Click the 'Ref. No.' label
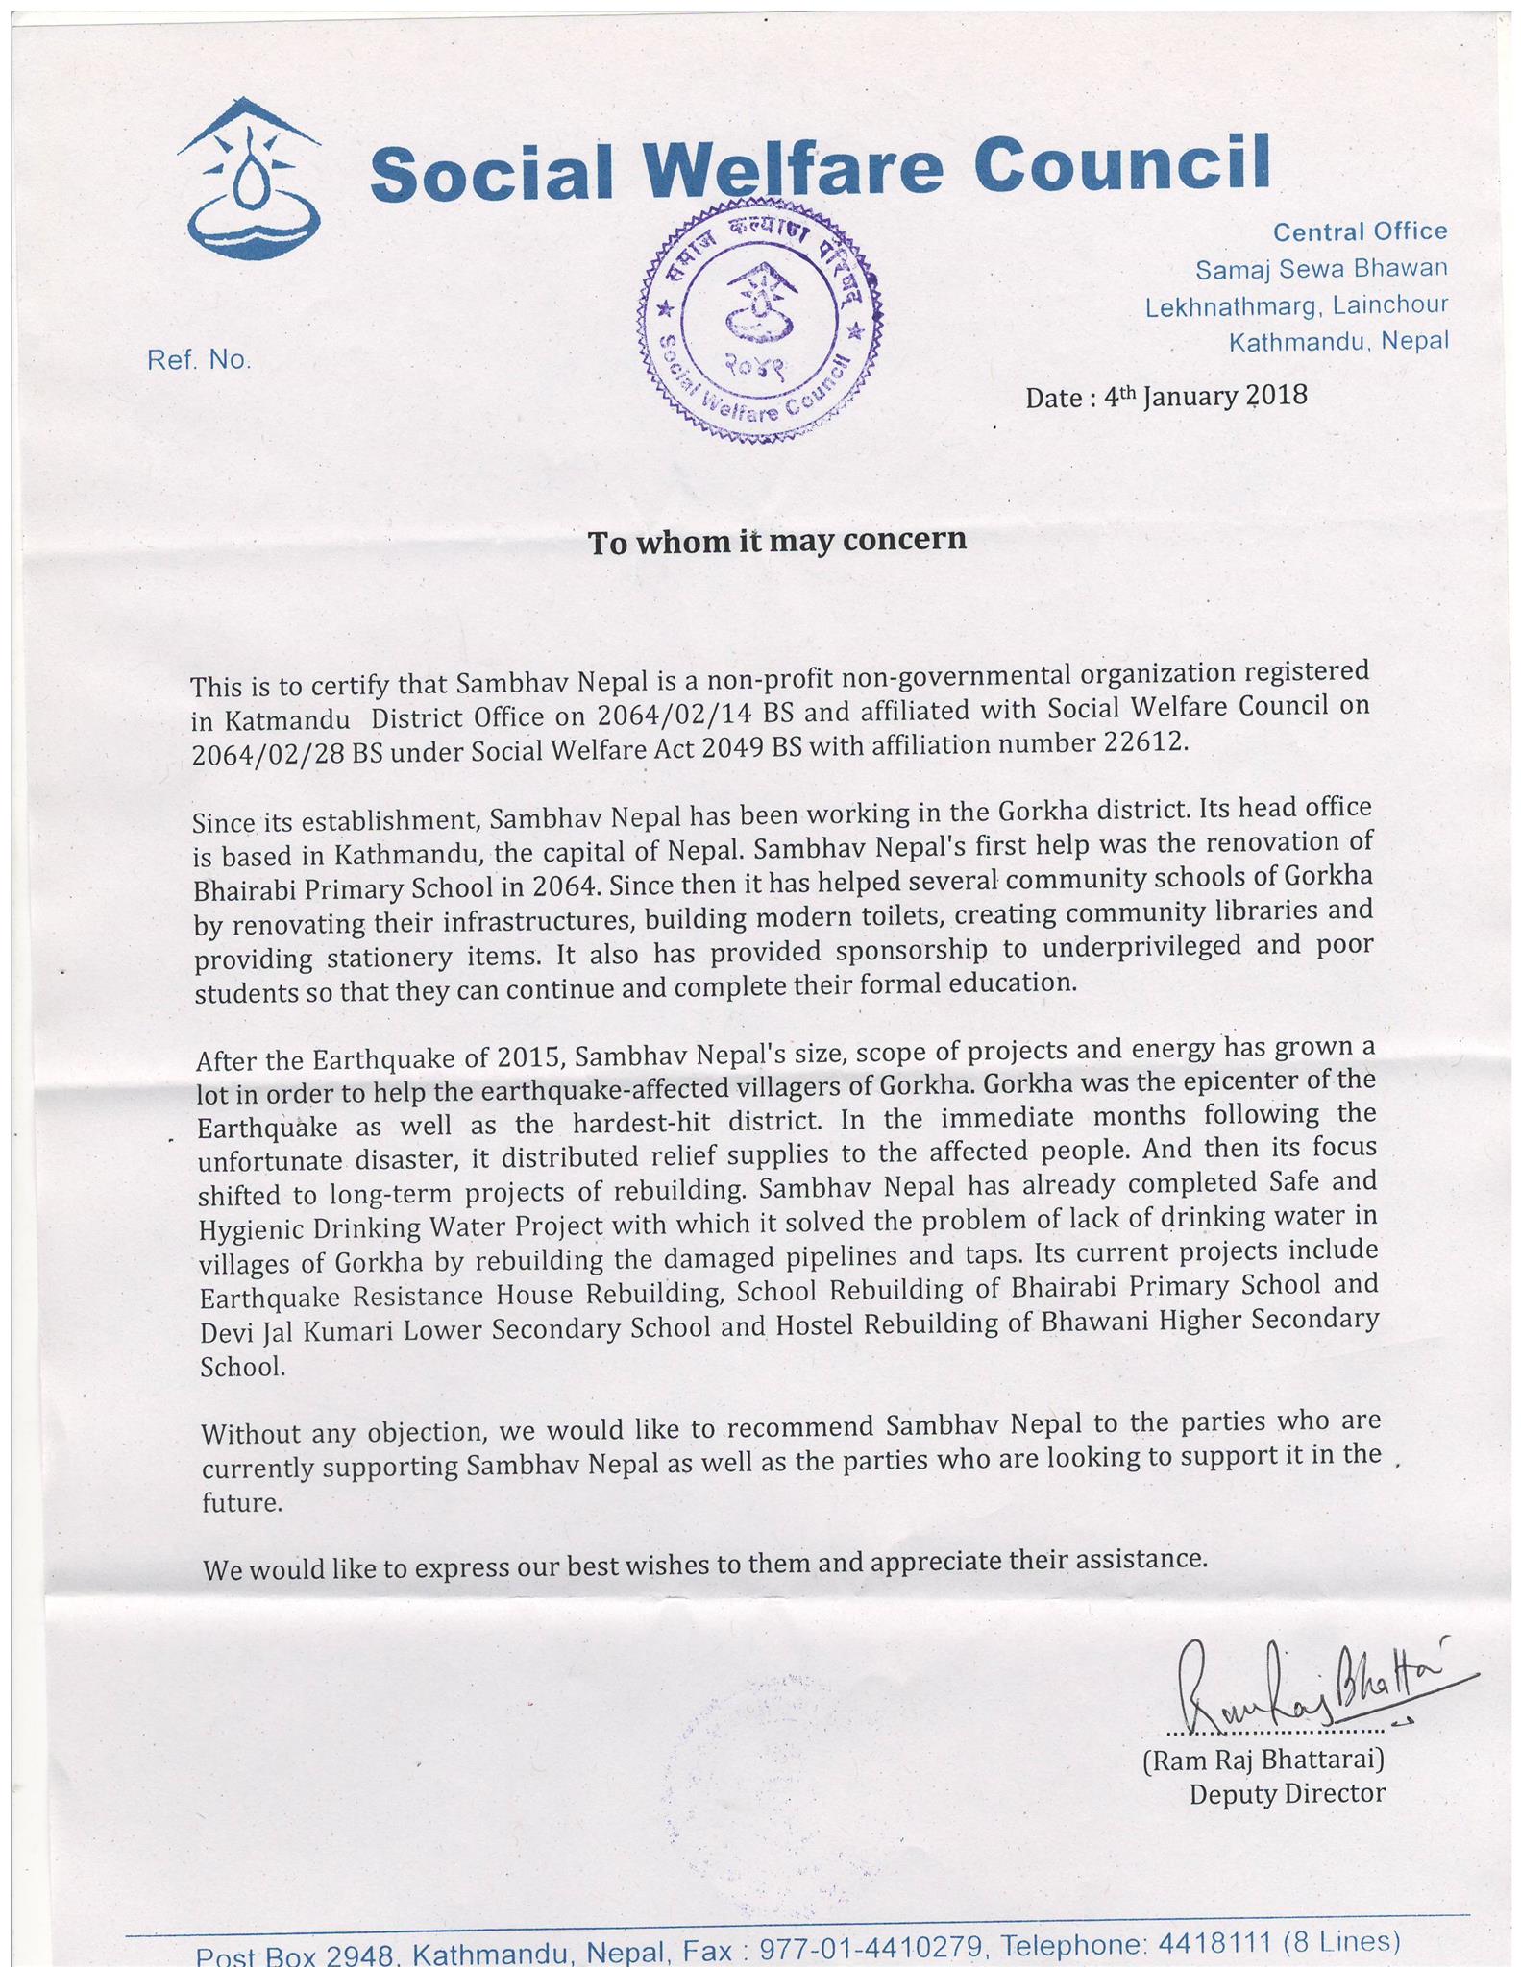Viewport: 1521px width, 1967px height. pos(199,360)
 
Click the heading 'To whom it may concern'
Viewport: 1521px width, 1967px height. pos(776,541)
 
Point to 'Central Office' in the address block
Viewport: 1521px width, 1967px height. pos(1360,231)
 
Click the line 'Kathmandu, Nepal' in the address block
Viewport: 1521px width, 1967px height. pos(1338,341)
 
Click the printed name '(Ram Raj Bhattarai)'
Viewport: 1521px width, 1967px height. pos(1262,1760)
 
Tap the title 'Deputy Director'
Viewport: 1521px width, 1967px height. pos(1287,1793)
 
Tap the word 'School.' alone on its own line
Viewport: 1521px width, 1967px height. pos(242,1367)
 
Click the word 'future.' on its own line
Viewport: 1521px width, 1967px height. pos(242,1503)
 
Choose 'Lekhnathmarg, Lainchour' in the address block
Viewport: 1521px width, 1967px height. pos(1296,305)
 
